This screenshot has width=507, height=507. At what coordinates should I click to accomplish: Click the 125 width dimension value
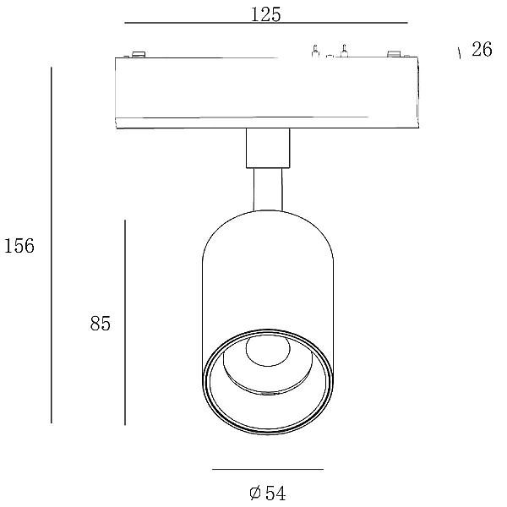pos(266,14)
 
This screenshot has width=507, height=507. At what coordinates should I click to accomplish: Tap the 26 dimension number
pos(482,50)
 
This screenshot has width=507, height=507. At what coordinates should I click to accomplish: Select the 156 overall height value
pos(19,245)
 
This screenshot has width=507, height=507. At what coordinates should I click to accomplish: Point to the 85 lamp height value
pos(101,324)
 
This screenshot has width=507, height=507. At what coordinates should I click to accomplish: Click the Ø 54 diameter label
pos(268,493)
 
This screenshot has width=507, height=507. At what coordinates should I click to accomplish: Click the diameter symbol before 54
pos(255,493)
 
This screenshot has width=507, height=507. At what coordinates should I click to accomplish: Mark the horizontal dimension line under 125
pos(266,23)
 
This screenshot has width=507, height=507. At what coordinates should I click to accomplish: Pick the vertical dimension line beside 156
pos(51,245)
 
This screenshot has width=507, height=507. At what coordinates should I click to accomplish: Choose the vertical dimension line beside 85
pos(125,323)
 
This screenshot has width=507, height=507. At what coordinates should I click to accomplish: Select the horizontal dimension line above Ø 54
pos(268,469)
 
